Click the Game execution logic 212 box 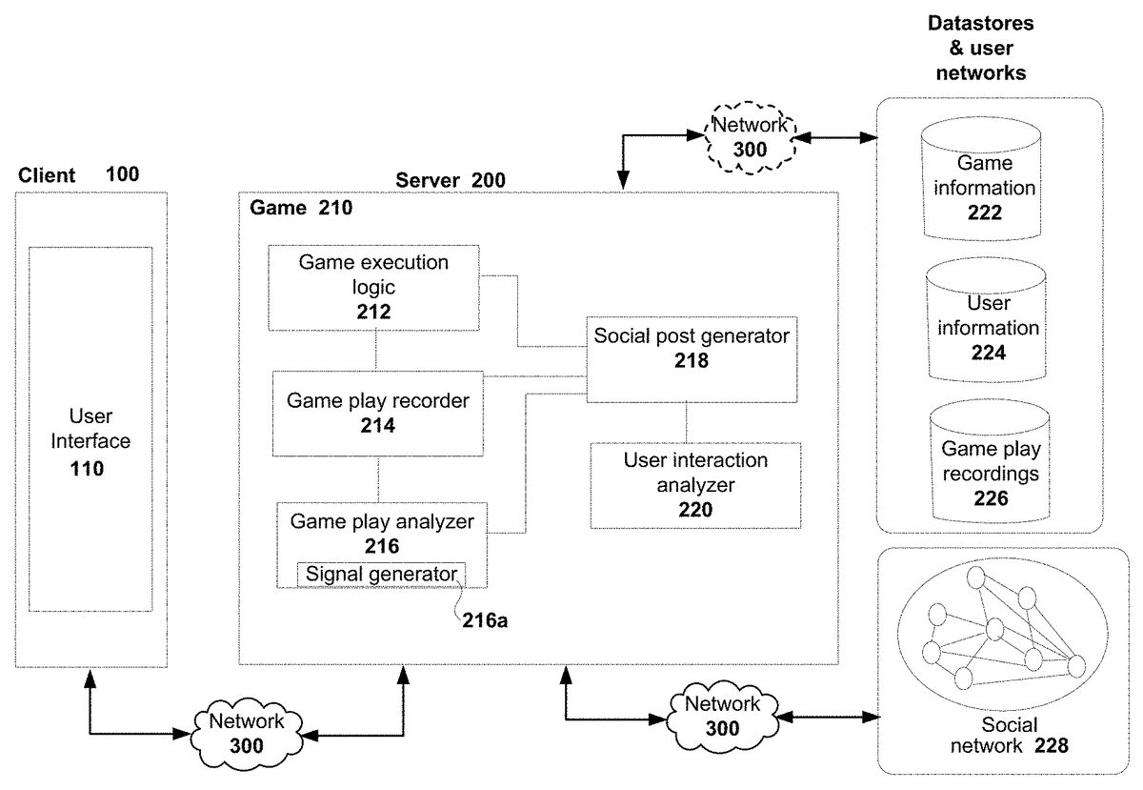(x=373, y=287)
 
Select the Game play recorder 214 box (x=378, y=414)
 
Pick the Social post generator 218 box (x=691, y=348)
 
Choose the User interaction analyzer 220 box (x=695, y=484)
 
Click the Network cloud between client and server (x=247, y=733)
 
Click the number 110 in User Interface (x=90, y=468)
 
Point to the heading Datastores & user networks (x=981, y=47)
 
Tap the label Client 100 (x=78, y=174)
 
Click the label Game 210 (x=300, y=208)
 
